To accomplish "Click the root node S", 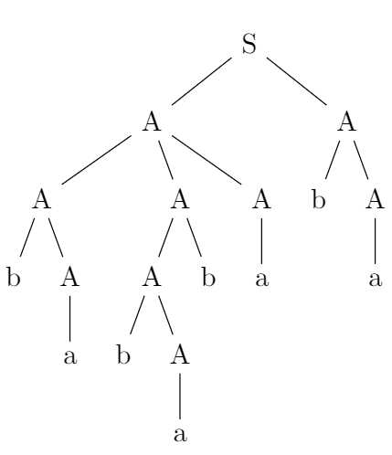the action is pyautogui.click(x=249, y=44).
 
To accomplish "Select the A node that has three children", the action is pyautogui.click(x=152, y=122).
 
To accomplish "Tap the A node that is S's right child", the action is pyautogui.click(x=346, y=122).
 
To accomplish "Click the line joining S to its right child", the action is pyautogui.click(x=297, y=80).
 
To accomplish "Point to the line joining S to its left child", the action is pyautogui.click(x=201, y=80).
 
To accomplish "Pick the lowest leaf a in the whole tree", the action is pyautogui.click(x=180, y=434).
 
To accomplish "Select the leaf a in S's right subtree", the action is pyautogui.click(x=375, y=279).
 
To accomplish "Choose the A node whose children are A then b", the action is pyautogui.click(x=180, y=199).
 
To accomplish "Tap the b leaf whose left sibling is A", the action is pyautogui.click(x=208, y=277).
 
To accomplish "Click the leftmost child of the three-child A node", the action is pyautogui.click(x=42, y=199).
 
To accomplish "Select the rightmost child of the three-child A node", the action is pyautogui.click(x=261, y=199).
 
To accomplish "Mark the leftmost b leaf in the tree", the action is pyautogui.click(x=14, y=277).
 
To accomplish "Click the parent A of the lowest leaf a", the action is pyautogui.click(x=180, y=354).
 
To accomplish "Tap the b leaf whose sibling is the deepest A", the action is pyautogui.click(x=123, y=354).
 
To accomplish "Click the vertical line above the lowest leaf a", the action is pyautogui.click(x=180, y=396).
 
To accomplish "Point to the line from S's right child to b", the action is pyautogui.click(x=333, y=160).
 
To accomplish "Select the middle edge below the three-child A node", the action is pyautogui.click(x=165, y=160).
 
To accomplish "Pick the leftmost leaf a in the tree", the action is pyautogui.click(x=70, y=356).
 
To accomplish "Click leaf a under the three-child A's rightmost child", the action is pyautogui.click(x=262, y=279).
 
